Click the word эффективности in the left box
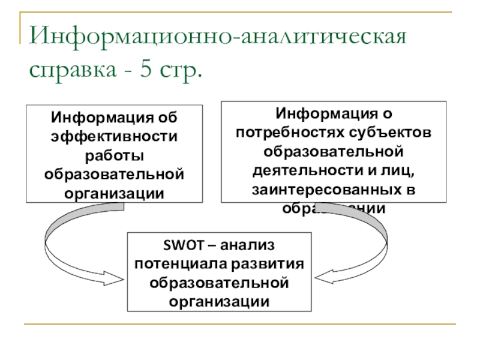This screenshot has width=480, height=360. tap(114, 136)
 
